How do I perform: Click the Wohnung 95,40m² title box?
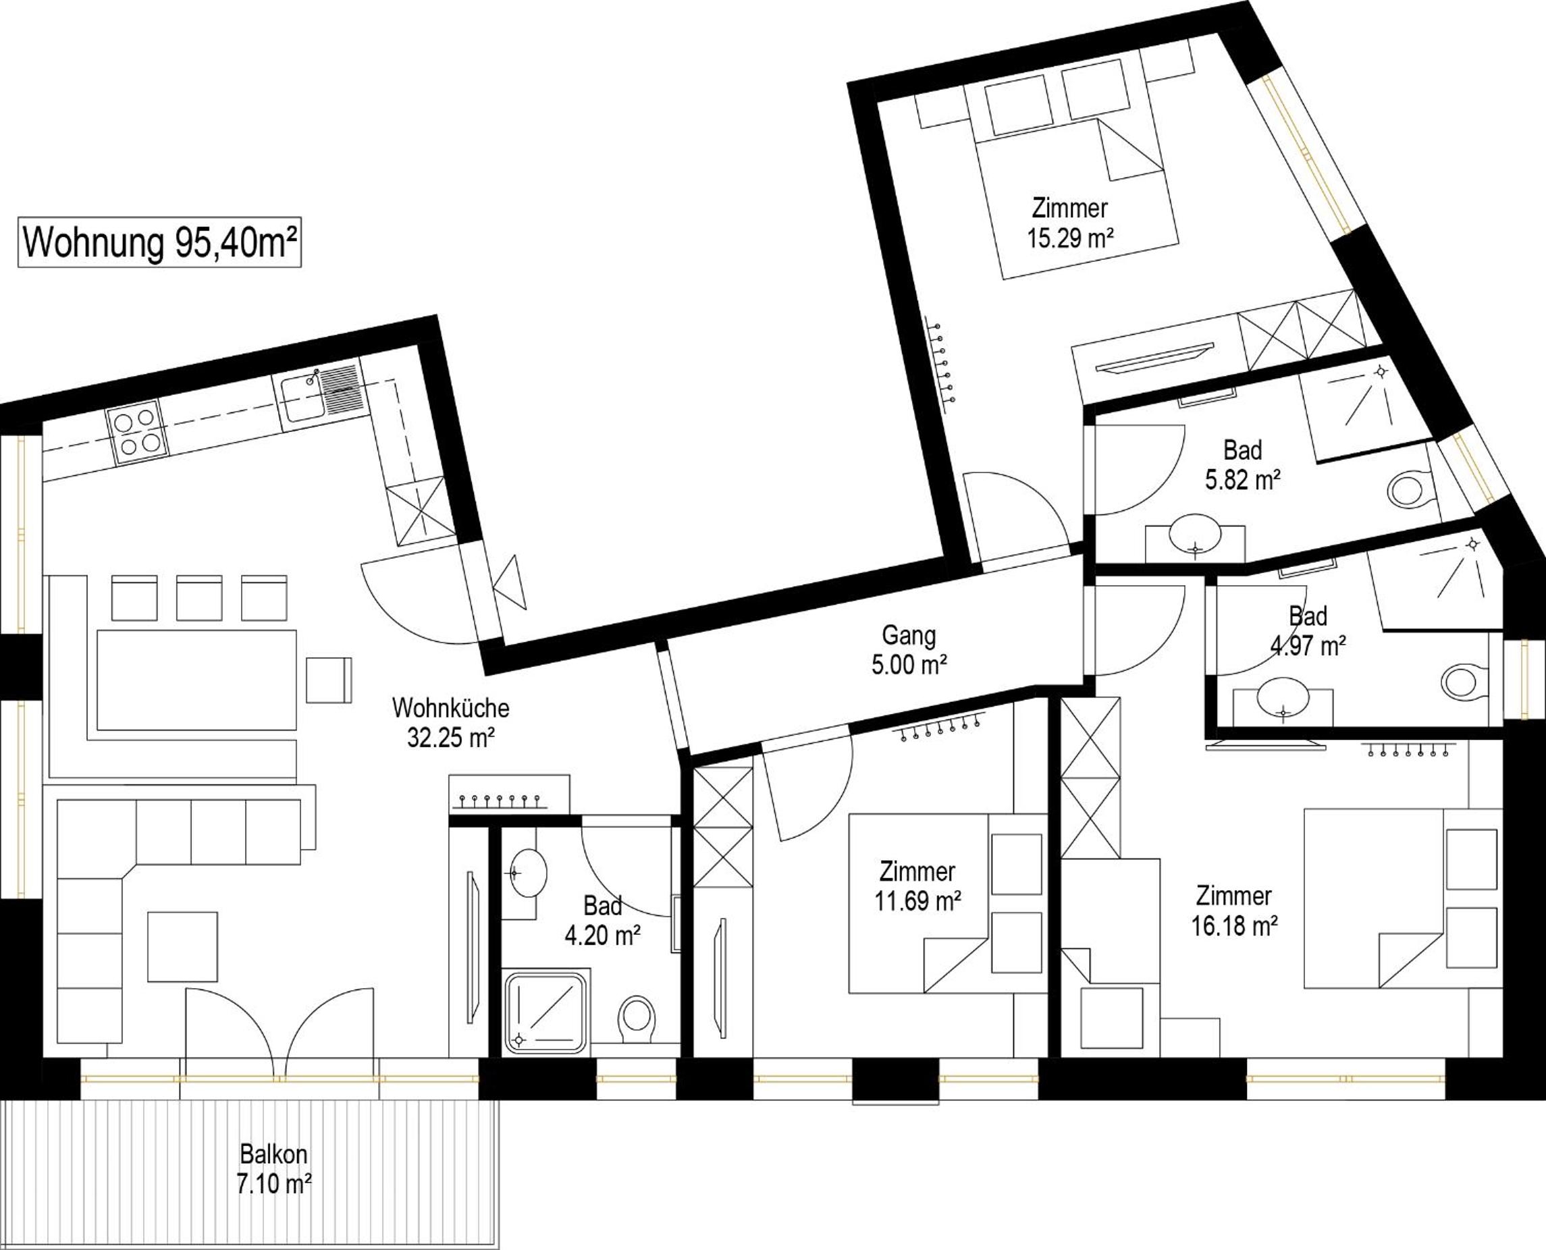pyautogui.click(x=159, y=243)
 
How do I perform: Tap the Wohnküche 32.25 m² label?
pyautogui.click(x=451, y=723)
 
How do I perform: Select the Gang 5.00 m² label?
pyautogui.click(x=909, y=650)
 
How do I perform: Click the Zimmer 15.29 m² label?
pyautogui.click(x=1070, y=223)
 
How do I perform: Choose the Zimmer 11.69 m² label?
pyautogui.click(x=917, y=886)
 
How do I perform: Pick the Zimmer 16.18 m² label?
pyautogui.click(x=1234, y=911)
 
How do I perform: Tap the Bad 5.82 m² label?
pyautogui.click(x=1243, y=465)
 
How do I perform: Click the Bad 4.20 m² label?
pyautogui.click(x=603, y=921)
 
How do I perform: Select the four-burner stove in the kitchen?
pyautogui.click(x=138, y=430)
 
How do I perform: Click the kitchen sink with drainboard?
pyautogui.click(x=321, y=396)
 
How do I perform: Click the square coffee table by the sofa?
pyautogui.click(x=183, y=946)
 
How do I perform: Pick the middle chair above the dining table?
pyautogui.click(x=199, y=597)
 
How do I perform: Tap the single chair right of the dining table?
pyautogui.click(x=329, y=680)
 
